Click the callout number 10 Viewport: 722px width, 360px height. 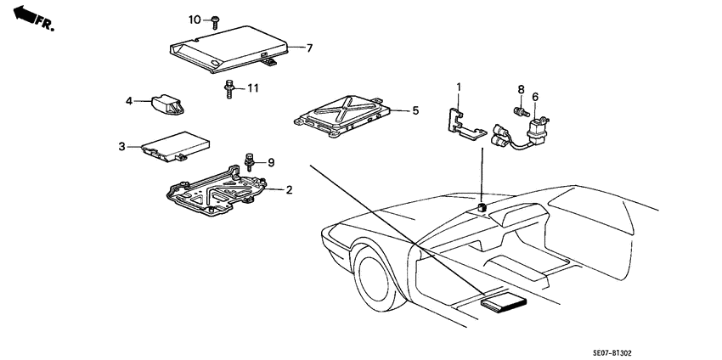(195, 20)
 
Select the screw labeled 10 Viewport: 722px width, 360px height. (216, 22)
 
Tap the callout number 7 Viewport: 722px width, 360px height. (309, 48)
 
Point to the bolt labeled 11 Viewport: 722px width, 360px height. (228, 89)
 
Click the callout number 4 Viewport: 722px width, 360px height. (129, 100)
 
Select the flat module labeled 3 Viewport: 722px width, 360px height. (176, 146)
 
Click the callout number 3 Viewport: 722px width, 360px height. (121, 146)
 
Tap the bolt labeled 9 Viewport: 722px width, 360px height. (250, 162)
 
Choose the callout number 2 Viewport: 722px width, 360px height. (289, 189)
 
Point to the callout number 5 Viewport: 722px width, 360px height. (415, 110)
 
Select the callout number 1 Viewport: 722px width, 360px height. (459, 86)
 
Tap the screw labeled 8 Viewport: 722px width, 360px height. (520, 111)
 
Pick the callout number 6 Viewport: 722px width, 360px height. (535, 97)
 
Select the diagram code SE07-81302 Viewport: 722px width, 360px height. (612, 353)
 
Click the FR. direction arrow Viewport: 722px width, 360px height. (33, 19)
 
